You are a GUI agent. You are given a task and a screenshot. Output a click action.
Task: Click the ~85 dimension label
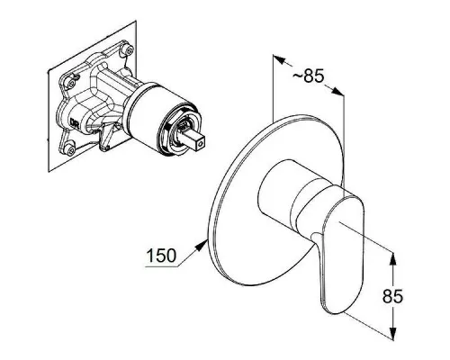(x=308, y=76)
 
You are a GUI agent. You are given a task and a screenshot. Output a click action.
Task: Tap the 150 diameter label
(x=161, y=256)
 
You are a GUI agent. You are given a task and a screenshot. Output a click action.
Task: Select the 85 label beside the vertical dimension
(x=392, y=296)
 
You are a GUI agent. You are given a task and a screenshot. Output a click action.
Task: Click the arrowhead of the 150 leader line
(x=201, y=247)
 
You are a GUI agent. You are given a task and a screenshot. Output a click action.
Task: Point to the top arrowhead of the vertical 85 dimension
(x=393, y=258)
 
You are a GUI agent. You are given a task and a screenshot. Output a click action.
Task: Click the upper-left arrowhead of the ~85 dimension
(x=279, y=59)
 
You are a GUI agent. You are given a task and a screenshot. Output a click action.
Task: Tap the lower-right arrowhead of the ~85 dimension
(x=337, y=91)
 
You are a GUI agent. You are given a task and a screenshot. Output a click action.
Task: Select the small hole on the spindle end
(x=200, y=145)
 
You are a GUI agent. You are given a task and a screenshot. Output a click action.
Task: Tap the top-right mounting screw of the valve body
(x=130, y=49)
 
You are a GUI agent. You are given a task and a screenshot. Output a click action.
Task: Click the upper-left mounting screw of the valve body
(x=71, y=84)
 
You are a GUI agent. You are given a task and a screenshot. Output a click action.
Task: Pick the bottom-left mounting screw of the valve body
(x=71, y=150)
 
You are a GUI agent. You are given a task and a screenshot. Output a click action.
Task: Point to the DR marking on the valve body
(x=74, y=122)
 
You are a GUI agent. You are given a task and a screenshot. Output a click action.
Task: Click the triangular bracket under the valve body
(x=105, y=138)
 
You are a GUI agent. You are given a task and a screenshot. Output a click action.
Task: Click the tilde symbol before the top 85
(x=297, y=76)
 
